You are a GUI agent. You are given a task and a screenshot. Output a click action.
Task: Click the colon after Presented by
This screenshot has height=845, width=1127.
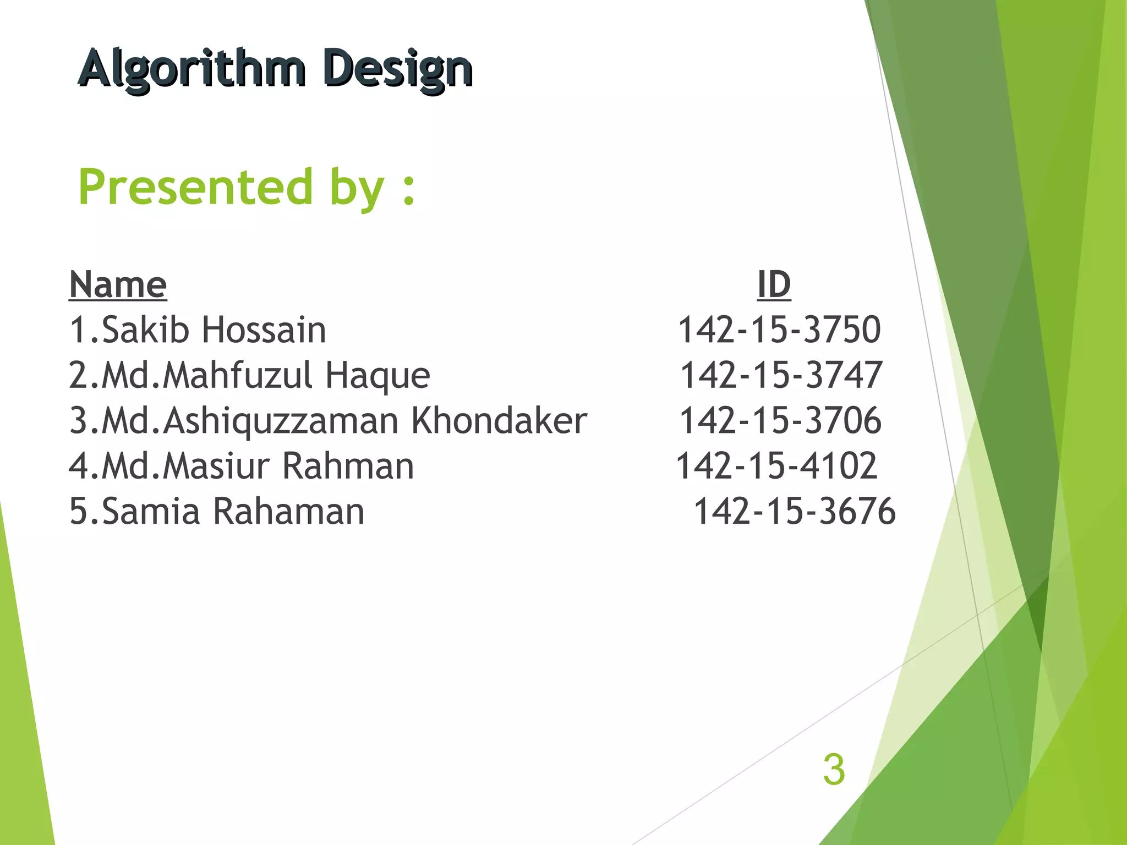click(408, 190)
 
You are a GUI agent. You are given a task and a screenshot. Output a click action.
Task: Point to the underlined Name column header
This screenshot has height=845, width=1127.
click(118, 285)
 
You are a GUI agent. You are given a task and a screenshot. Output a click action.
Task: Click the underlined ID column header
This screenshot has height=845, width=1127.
click(774, 285)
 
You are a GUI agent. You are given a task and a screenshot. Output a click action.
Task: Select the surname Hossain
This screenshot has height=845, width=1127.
click(264, 330)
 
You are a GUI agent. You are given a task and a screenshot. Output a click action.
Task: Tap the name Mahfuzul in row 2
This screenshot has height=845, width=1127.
click(237, 376)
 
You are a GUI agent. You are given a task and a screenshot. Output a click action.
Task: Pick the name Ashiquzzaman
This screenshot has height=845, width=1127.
click(281, 421)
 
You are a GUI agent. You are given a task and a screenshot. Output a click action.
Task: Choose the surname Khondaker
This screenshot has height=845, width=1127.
click(499, 421)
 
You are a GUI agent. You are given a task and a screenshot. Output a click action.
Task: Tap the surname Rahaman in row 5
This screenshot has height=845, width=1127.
click(288, 512)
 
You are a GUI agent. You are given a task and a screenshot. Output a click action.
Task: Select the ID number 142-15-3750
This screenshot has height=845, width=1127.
click(779, 330)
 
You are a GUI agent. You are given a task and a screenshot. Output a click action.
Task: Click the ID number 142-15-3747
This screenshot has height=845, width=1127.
click(781, 376)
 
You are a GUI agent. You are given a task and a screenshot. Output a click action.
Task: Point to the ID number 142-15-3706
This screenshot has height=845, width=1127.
click(780, 421)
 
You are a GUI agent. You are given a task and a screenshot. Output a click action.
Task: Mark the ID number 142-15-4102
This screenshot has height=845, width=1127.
click(776, 467)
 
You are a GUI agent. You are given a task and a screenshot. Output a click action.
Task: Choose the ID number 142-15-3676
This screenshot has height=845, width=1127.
click(794, 512)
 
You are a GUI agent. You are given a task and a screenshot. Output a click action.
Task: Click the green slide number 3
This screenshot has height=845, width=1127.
click(834, 770)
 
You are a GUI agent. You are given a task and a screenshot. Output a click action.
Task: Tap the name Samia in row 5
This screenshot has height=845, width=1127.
click(151, 512)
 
